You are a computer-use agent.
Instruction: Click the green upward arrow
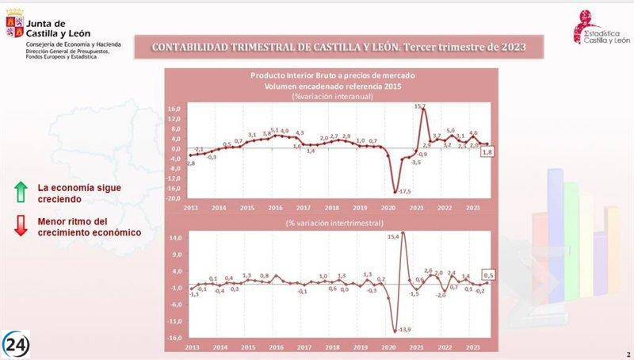(21, 190)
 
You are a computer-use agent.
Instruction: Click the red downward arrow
(21, 227)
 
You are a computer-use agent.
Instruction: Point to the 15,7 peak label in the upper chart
(420, 106)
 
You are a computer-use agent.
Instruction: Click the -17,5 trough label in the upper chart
(404, 191)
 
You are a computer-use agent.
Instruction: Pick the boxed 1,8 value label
(488, 152)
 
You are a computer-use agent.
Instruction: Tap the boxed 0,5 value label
(488, 275)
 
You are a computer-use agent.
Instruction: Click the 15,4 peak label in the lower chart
(392, 236)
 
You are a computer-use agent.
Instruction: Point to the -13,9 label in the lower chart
(404, 329)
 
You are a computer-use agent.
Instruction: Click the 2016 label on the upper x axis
(276, 208)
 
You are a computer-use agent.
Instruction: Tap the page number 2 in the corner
(628, 354)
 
